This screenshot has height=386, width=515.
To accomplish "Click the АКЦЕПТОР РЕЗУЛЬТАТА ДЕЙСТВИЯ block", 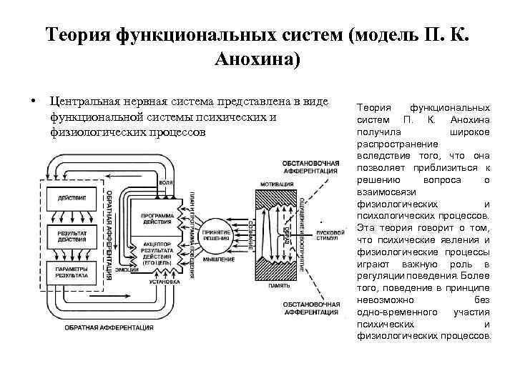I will tap(158, 252).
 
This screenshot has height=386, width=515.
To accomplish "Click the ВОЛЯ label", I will tap(167, 183).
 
